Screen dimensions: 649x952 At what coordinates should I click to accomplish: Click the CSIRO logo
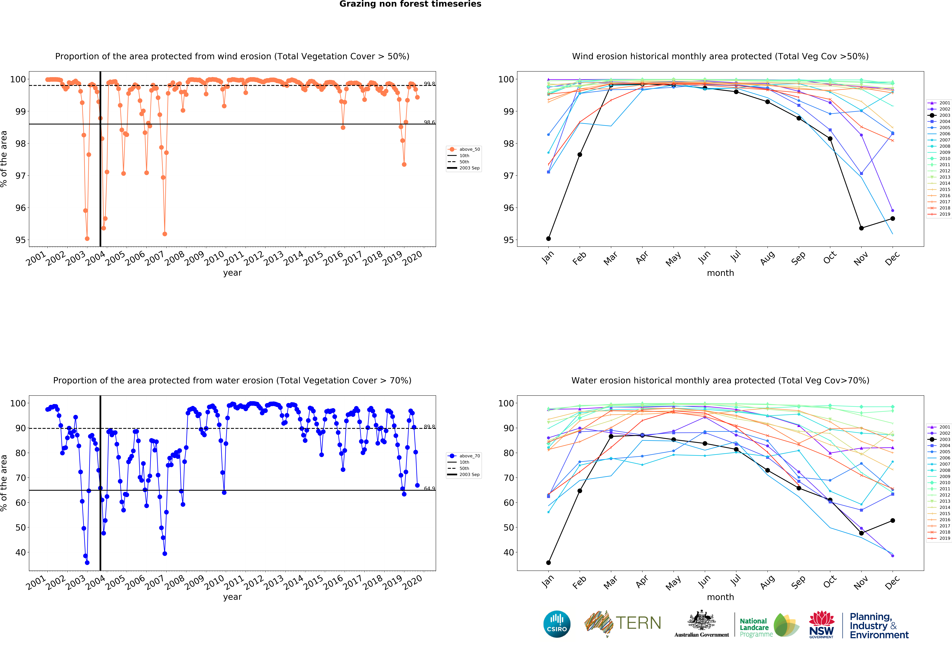pos(557,624)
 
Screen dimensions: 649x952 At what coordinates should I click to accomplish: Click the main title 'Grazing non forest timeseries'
pos(410,4)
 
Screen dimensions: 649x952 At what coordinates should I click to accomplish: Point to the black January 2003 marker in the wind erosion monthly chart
pos(548,238)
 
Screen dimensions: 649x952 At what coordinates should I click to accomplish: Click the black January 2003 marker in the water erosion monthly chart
pos(548,563)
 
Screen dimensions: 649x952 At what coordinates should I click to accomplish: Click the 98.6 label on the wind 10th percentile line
pos(429,122)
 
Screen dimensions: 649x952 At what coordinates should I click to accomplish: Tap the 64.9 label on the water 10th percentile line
pos(429,488)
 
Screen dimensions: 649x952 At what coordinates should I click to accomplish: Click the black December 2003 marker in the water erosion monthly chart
pos(893,520)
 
